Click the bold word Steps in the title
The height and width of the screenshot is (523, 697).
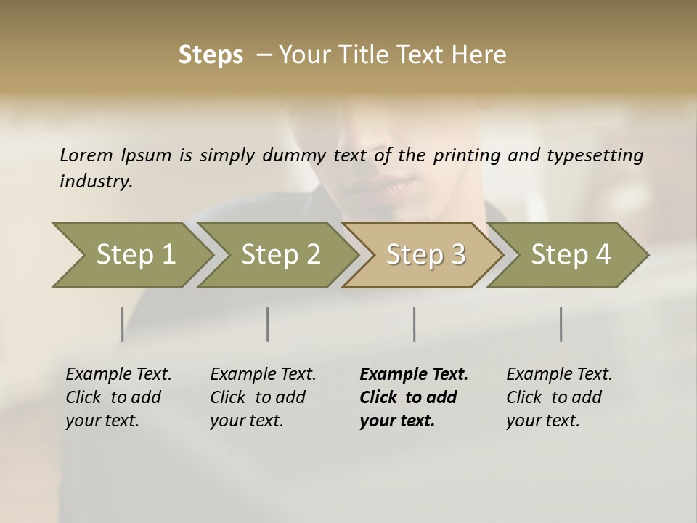(211, 55)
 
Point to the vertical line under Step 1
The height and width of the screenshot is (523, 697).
(123, 324)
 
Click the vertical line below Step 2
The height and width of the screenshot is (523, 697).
(268, 324)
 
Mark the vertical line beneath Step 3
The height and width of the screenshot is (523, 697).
(415, 324)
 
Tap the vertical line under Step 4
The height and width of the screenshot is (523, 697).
(561, 324)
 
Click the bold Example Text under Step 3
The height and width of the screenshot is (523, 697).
(414, 374)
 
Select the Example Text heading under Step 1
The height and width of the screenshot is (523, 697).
(118, 374)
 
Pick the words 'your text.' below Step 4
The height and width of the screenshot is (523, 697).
(542, 421)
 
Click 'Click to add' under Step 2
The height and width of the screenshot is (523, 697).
(258, 397)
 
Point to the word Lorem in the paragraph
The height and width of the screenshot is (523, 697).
(86, 155)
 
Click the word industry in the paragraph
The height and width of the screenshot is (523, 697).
(95, 181)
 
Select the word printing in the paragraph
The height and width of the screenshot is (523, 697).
(465, 155)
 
